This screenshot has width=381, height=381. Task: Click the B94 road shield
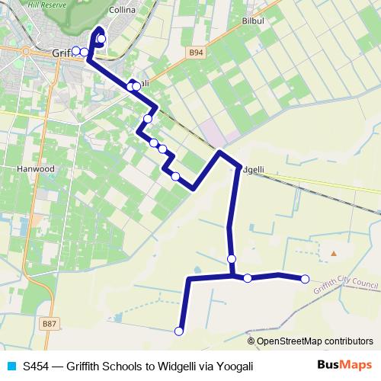pos(197,53)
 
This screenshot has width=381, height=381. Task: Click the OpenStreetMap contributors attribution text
pos(312,341)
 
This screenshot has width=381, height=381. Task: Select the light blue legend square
pos(11,367)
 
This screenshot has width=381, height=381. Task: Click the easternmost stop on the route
pos(305,279)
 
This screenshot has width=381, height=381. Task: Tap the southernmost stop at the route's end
pos(179,331)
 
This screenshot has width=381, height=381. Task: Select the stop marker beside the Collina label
pos(101,38)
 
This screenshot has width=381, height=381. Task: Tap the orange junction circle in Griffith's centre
pos(25,51)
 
